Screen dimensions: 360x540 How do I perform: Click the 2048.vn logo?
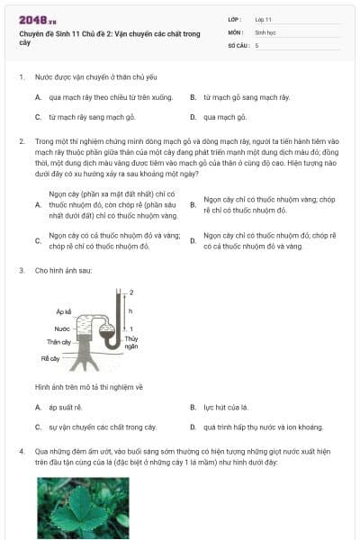coord(37,21)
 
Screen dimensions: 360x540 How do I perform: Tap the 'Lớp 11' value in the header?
coord(263,20)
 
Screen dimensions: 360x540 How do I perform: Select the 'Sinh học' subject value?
coord(265,32)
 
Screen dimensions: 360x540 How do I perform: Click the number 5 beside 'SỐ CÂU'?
coord(257,46)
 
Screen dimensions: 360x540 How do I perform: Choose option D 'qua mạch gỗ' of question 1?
coord(225,117)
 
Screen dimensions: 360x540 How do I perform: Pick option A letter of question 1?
coord(38,97)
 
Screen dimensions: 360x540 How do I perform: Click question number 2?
coord(22,141)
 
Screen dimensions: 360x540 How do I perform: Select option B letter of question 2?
coord(193,205)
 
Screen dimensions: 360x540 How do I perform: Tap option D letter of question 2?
coord(193,240)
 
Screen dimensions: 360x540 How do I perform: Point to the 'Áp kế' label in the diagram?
coord(64,311)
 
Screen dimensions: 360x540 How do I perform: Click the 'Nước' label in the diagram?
coord(62,328)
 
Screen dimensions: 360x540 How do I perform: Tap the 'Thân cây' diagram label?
coord(58,342)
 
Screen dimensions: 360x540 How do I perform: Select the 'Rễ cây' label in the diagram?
coord(50,358)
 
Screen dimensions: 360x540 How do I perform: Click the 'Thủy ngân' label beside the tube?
coord(130,342)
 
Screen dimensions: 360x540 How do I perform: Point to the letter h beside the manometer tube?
coord(130,311)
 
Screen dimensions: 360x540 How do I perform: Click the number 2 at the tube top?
coord(131,292)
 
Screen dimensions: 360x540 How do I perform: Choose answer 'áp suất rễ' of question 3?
coord(66,408)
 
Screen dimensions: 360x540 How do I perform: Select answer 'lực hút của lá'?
coord(226,408)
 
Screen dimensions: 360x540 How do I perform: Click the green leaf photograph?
coord(84,508)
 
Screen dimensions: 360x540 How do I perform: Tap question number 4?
coord(22,452)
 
